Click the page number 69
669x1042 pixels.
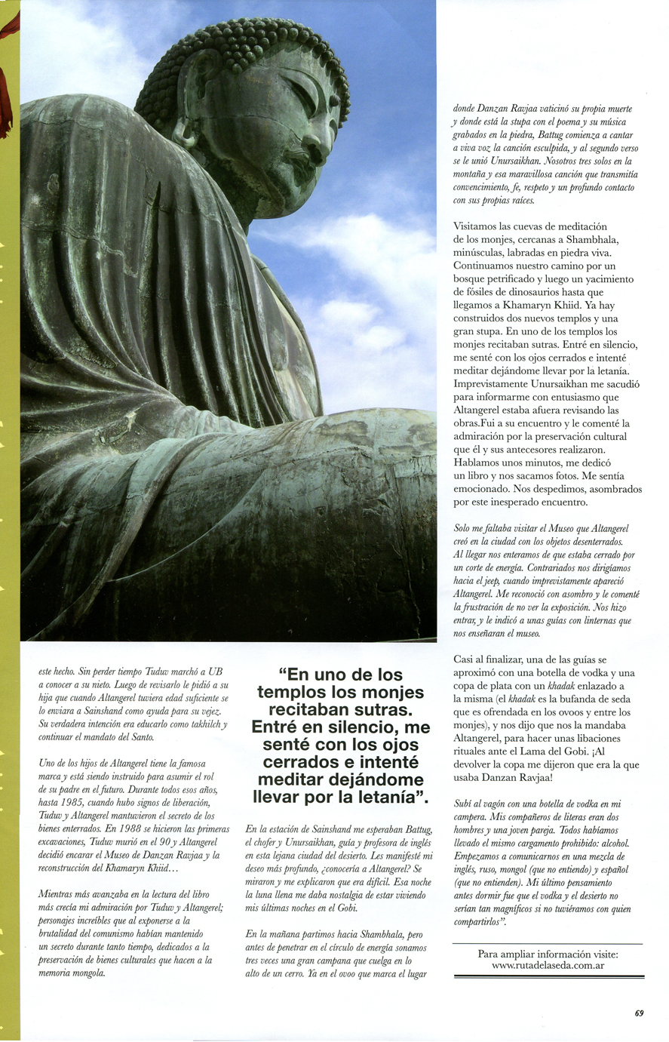638,1013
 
